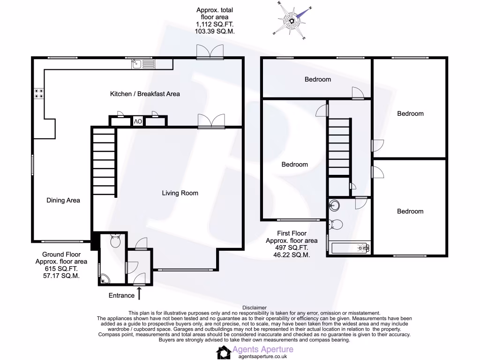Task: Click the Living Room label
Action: (x=180, y=193)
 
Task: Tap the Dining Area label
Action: (x=63, y=201)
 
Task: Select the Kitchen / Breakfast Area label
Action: (x=145, y=94)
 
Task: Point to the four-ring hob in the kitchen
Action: (x=38, y=93)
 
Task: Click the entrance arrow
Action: (x=139, y=293)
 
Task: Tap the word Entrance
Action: (x=121, y=295)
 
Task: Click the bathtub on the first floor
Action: (x=349, y=247)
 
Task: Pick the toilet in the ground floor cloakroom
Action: (x=115, y=242)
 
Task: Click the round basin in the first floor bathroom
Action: (x=334, y=205)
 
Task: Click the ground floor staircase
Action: (x=104, y=162)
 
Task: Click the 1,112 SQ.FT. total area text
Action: (x=215, y=24)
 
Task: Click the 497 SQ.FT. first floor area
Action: (x=286, y=248)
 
